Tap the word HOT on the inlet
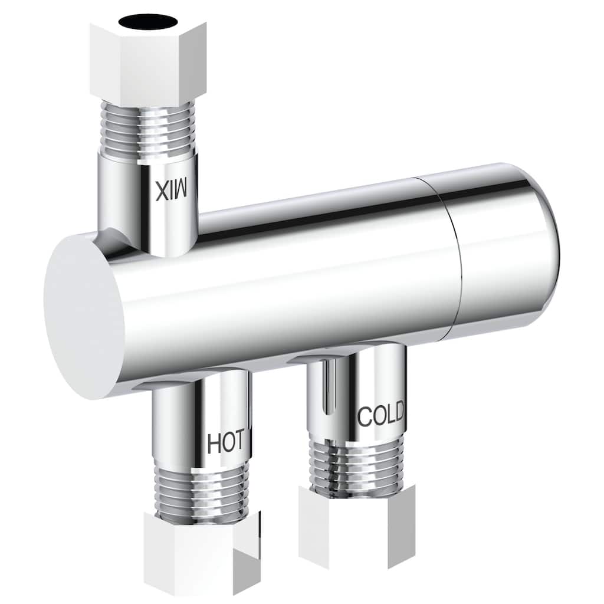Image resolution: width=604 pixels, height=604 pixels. coord(229,444)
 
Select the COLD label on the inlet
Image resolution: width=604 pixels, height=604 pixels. coord(380,416)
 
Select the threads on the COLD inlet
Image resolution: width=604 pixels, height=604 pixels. coord(357,466)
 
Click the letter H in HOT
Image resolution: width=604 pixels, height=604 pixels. coord(214,444)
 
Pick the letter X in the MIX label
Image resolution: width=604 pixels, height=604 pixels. coord(161,190)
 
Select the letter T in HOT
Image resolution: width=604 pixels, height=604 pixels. coord(244,443)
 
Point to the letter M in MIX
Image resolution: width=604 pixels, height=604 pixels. coord(180,189)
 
